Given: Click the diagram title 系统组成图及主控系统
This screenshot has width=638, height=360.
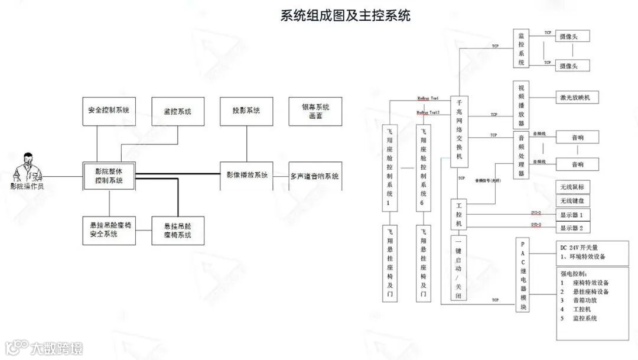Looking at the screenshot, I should (x=345, y=15).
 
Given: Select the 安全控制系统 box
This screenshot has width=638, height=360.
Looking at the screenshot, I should (x=109, y=111).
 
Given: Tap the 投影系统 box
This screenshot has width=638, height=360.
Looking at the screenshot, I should (x=246, y=111).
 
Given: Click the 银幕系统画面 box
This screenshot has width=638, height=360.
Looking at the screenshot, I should (x=315, y=111).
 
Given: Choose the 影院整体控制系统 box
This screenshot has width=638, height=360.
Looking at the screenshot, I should (x=109, y=176).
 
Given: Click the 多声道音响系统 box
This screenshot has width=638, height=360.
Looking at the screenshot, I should (x=315, y=176).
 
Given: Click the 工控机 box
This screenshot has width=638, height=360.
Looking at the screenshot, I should (x=459, y=215).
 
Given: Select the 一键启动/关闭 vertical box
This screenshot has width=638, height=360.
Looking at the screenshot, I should (x=458, y=268).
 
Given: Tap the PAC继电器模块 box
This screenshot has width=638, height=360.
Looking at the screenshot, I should (x=522, y=275).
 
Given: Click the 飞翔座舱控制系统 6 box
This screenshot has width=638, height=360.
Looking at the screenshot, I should (x=424, y=166).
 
